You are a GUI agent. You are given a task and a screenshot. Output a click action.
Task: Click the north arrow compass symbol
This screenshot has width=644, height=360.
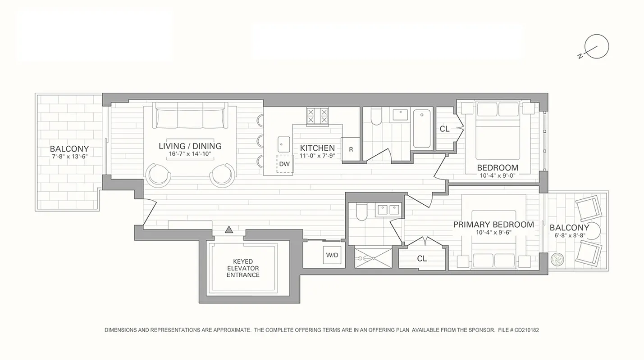coord(596,47)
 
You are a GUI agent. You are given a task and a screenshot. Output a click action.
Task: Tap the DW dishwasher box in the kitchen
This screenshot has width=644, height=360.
coord(284,164)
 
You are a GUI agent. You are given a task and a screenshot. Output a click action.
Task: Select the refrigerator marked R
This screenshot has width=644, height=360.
coord(351,149)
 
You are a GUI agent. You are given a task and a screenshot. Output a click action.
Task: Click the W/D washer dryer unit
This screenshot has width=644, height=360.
coord(332,255)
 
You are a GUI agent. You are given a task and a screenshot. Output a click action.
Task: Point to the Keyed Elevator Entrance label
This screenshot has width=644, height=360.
coord(243,268)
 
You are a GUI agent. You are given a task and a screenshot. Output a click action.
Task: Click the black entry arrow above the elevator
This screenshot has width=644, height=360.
coord(229,230)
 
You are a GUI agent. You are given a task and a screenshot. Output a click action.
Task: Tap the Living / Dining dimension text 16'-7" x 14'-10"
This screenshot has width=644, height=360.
coord(190,154)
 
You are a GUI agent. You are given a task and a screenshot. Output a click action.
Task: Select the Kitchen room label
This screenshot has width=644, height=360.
coord(317,148)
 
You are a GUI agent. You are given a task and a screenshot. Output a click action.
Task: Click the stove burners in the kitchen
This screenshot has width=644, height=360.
coord(317,116)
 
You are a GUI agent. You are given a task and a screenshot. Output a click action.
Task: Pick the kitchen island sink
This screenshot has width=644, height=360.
coord(283,144)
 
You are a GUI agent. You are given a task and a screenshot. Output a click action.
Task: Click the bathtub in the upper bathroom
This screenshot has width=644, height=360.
coord(422,128)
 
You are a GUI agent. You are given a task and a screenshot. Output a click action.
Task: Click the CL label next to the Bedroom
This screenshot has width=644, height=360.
coord(444,129)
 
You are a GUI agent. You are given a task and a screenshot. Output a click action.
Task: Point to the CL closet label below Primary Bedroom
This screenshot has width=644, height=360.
coord(422,259)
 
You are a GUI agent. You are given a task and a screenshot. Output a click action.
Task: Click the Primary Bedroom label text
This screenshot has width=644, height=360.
coord(493,225)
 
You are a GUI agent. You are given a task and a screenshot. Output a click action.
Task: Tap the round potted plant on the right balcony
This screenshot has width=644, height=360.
coord(557,259)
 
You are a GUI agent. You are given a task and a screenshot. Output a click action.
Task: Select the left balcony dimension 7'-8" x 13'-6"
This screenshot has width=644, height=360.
coord(69,157)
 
